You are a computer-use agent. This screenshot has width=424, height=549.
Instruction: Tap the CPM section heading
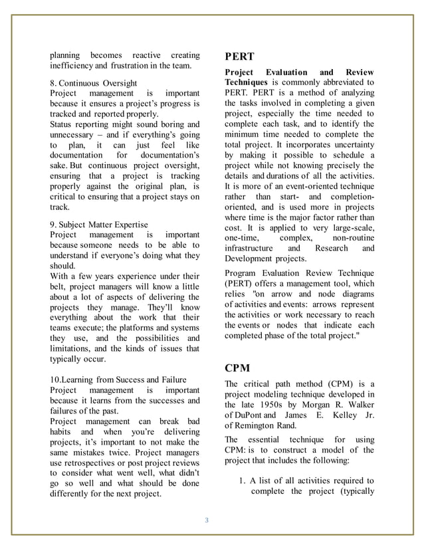click(238, 367)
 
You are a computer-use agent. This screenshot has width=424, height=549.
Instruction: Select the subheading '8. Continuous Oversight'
click(94, 83)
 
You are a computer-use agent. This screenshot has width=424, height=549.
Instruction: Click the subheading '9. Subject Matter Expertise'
click(99, 225)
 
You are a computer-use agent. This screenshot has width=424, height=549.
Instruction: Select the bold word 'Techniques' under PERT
click(249, 82)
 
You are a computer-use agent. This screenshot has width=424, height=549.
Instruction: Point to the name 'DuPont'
click(250, 415)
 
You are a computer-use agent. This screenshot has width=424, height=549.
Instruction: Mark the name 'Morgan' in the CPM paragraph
click(304, 405)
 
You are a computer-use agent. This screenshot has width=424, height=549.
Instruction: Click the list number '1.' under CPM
click(243, 481)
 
